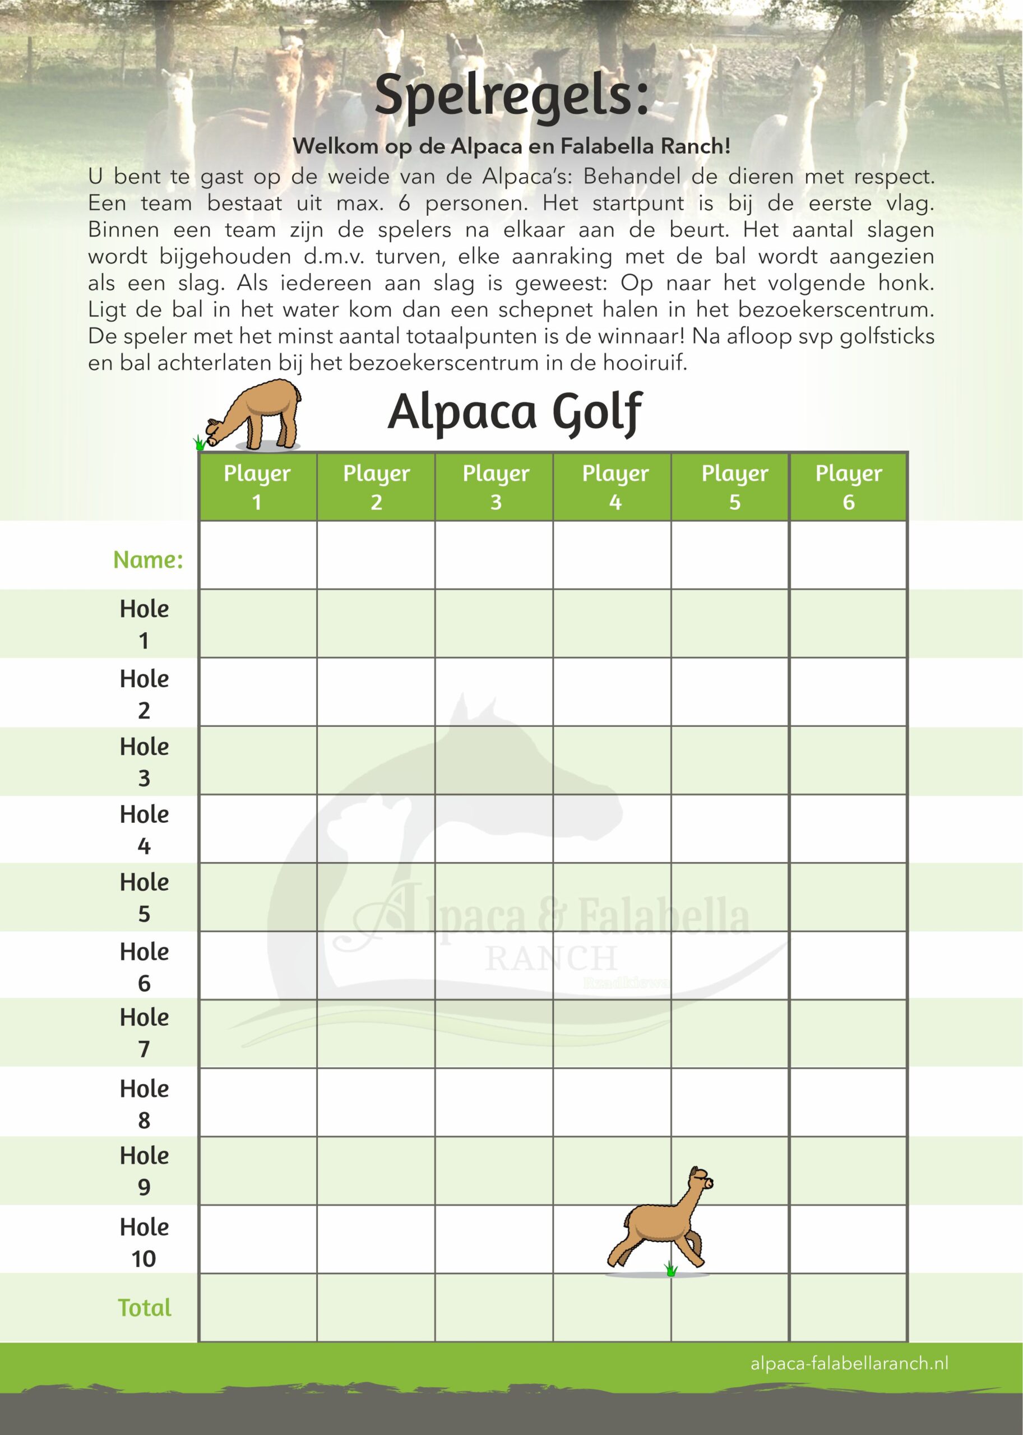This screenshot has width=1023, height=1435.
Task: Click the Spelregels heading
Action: [x=511, y=96]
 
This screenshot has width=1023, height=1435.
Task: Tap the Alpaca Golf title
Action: [x=515, y=413]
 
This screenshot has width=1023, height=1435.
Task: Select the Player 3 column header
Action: [x=495, y=487]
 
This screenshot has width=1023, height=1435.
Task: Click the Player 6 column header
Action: [x=848, y=487]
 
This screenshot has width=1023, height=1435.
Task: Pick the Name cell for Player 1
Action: [x=258, y=555]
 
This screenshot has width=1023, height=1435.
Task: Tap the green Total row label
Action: [x=144, y=1308]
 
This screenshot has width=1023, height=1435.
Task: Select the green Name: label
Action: [x=148, y=559]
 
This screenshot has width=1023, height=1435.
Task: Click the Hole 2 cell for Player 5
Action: [x=730, y=692]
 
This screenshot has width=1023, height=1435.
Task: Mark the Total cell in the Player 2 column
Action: [x=376, y=1308]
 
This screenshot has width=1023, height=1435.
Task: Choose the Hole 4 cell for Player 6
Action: [x=848, y=828]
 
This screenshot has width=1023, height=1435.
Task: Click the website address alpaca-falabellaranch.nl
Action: [x=849, y=1364]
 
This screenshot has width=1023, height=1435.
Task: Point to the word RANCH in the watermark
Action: [x=550, y=959]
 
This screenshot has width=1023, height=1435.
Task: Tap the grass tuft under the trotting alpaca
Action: [x=670, y=1269]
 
